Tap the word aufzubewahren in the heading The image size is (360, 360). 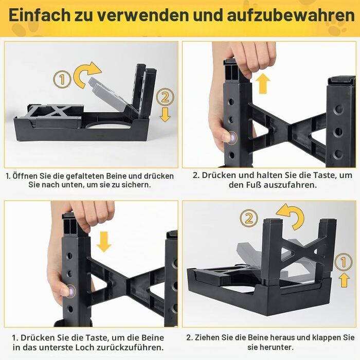291,15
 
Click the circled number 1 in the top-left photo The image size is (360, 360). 62,79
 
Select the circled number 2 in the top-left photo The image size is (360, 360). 165,97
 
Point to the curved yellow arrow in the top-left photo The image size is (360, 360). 84,74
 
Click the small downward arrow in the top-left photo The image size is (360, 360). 165,115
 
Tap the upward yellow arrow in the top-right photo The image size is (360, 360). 263,84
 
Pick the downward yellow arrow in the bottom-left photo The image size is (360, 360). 104,242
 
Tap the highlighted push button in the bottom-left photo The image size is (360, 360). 71,291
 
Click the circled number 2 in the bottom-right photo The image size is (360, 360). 249,218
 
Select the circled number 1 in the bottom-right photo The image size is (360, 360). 343,262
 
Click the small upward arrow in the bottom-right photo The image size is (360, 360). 344,280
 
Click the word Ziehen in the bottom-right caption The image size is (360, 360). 207,337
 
